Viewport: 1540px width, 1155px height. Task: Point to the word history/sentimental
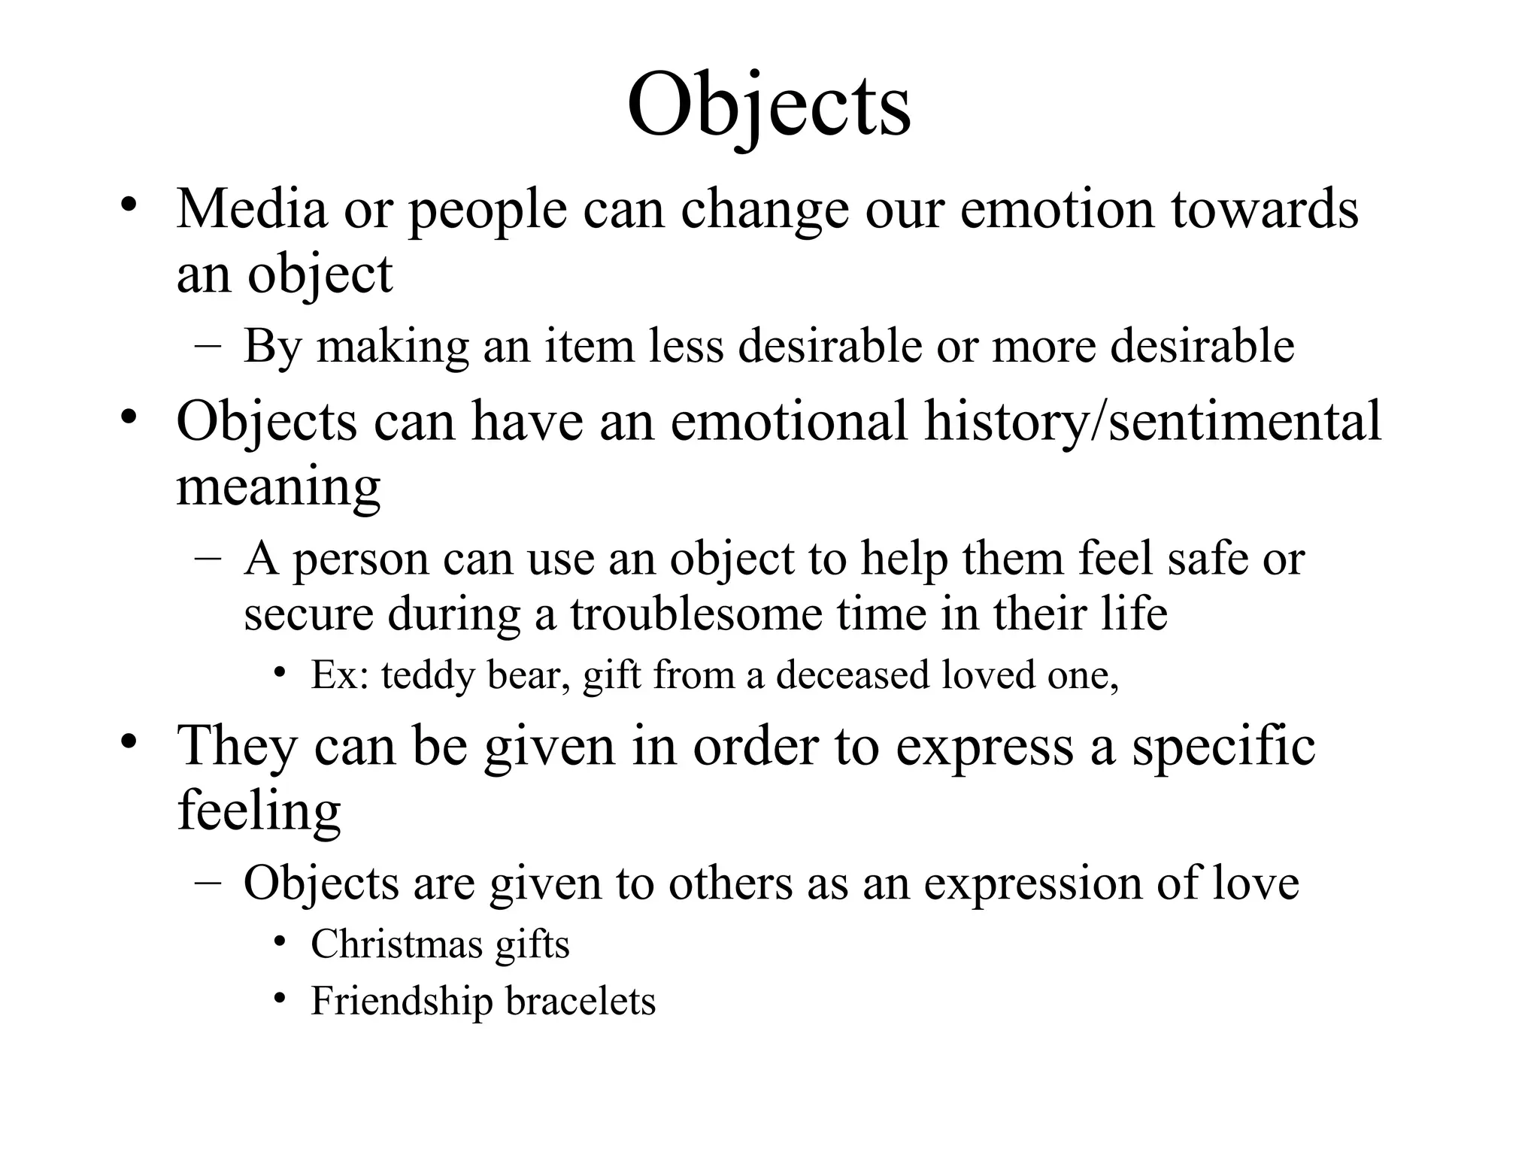(1152, 421)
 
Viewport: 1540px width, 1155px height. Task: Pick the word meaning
(278, 487)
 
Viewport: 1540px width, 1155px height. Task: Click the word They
(237, 746)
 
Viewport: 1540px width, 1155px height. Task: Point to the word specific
(1223, 746)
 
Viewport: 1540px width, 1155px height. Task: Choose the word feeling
(259, 812)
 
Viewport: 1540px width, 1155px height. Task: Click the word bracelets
(581, 1002)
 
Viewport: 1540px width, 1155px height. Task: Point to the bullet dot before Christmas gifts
(280, 943)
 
